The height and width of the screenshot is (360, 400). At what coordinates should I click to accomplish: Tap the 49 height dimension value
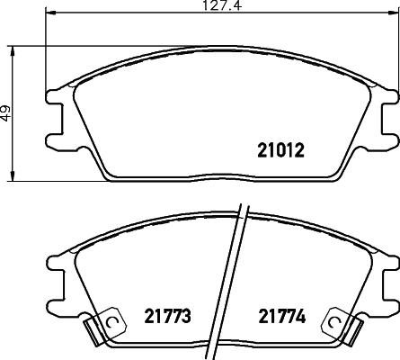click(6, 114)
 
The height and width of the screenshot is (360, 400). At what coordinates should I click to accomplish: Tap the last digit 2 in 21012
click(301, 152)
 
